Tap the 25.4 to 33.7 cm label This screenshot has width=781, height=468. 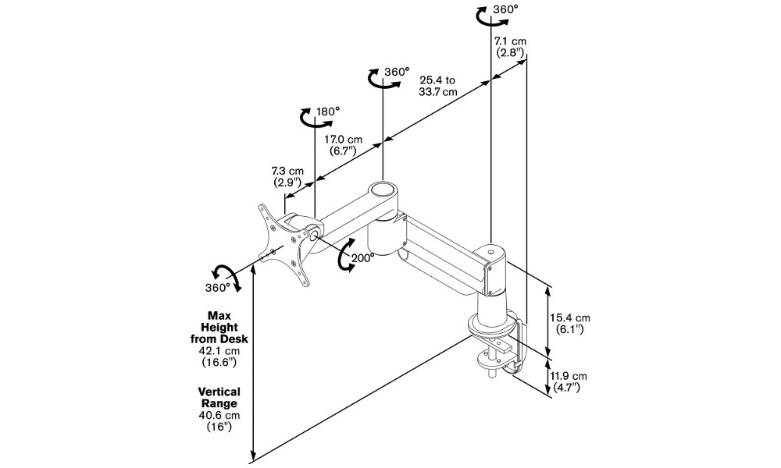tap(438, 85)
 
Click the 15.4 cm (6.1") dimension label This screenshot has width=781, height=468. tap(570, 323)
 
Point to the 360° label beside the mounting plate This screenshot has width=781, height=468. tap(218, 287)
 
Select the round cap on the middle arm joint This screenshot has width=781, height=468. tap(383, 190)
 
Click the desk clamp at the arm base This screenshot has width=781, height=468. tap(498, 343)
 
